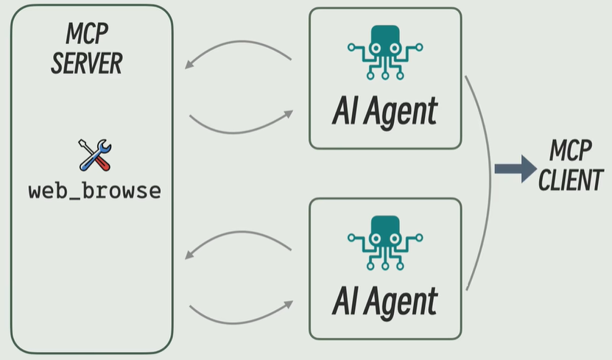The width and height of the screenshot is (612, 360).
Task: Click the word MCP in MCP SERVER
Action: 86,34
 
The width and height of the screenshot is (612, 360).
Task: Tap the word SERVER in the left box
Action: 86,63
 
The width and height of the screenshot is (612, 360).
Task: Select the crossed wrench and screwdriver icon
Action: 94,154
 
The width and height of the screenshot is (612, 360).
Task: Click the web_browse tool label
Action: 94,191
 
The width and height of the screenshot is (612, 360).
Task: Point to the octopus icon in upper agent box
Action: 385,51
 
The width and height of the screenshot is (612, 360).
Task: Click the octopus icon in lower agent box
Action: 385,240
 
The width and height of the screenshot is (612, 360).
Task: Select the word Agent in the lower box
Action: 404,300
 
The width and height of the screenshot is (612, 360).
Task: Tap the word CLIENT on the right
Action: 571,180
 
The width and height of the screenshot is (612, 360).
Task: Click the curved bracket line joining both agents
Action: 489,177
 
